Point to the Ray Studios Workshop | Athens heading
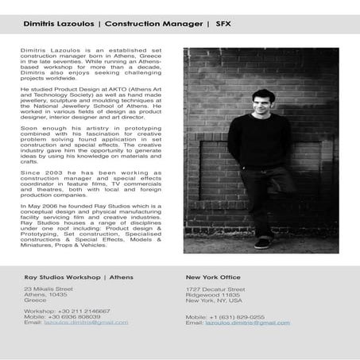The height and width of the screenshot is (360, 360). click(79, 277)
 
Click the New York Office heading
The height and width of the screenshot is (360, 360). click(213, 277)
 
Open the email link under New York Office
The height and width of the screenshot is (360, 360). click(247, 323)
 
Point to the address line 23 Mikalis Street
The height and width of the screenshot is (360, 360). click(51, 288)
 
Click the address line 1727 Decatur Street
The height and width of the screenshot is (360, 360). click(215, 289)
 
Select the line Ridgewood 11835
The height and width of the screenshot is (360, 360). click(212, 295)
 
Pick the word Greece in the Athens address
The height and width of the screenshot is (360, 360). click(35, 300)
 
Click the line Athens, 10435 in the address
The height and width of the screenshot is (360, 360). click(45, 295)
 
